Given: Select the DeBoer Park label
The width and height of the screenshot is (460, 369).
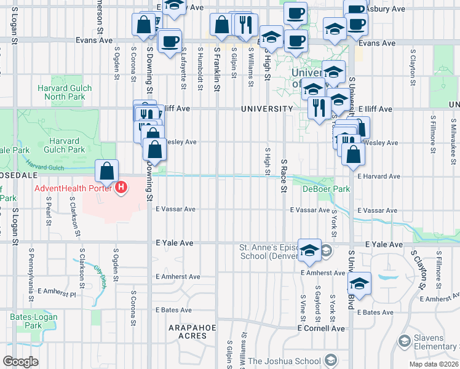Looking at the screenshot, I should [x=325, y=189].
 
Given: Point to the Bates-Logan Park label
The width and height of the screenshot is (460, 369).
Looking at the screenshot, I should [x=25, y=321].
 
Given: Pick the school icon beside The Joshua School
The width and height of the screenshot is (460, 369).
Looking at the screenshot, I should [x=330, y=360].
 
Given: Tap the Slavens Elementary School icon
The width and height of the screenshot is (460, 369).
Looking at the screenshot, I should [x=405, y=340].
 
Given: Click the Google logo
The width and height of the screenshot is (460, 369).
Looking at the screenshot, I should [x=21, y=362].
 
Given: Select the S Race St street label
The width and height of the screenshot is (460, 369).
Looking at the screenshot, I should [x=284, y=175].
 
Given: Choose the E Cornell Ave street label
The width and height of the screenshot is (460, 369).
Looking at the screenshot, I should [x=321, y=328].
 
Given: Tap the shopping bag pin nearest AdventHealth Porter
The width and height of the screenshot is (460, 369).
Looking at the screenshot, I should [x=107, y=170].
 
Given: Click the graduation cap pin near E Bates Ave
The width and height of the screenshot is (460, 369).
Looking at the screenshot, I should [x=359, y=284].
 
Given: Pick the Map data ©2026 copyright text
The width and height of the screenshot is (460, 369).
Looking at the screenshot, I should [x=434, y=364].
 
